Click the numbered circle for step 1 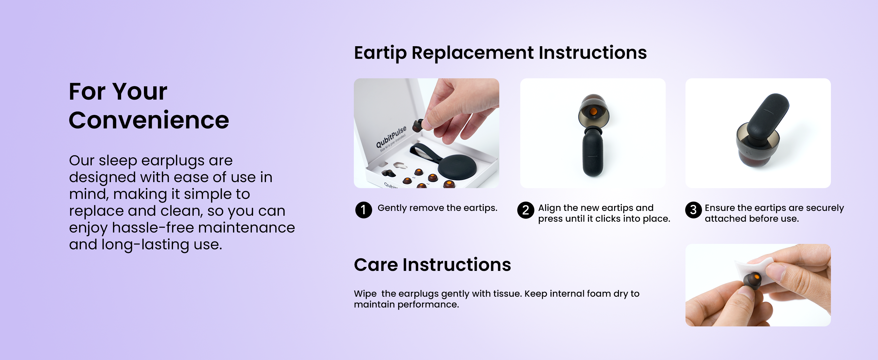[363, 210]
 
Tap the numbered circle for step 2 [526, 210]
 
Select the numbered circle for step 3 [693, 210]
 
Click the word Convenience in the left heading [149, 120]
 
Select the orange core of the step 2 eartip [593, 112]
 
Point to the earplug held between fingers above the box [418, 125]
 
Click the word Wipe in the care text [365, 294]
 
